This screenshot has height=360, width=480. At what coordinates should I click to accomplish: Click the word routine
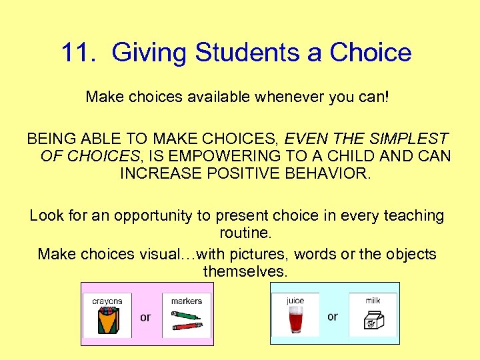pos(245,234)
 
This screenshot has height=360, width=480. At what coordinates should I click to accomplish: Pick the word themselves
pos(245,272)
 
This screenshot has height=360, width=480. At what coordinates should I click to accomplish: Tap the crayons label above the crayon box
pos(107,301)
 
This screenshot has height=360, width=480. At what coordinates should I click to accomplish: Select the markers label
pos(186,301)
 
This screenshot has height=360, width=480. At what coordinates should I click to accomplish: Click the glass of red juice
pos(295,321)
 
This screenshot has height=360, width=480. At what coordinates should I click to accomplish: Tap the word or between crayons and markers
pos(145,317)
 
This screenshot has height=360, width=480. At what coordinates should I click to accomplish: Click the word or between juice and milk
pos(332,317)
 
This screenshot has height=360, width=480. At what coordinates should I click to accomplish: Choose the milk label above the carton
pos(373,301)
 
